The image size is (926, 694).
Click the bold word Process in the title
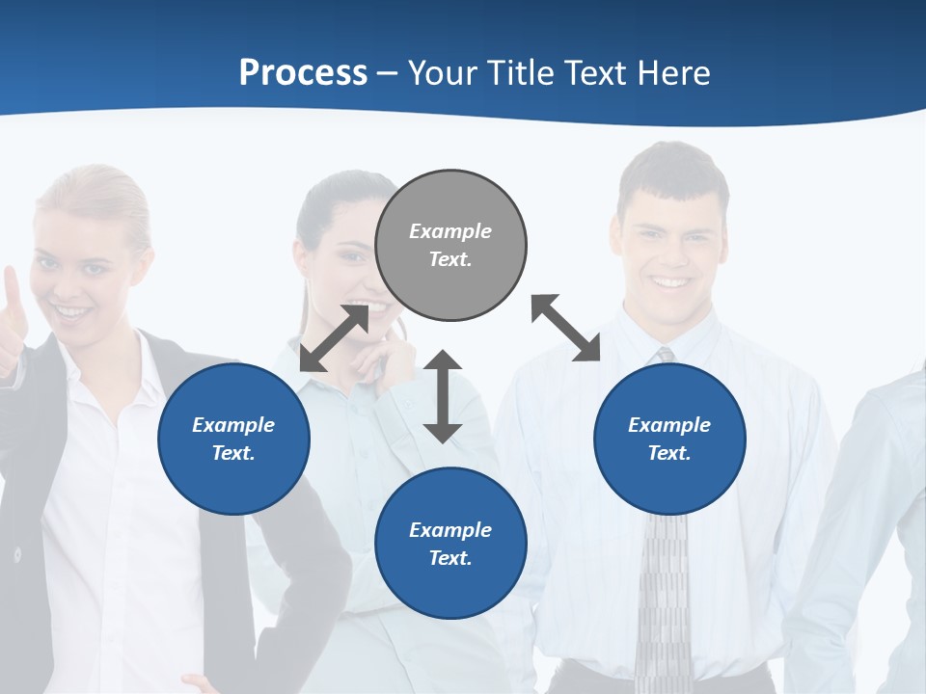pyautogui.click(x=303, y=73)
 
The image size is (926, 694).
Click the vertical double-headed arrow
pyautogui.click(x=443, y=396)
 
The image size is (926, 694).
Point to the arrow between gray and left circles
pyautogui.click(x=334, y=337)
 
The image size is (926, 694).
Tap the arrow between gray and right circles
pyautogui.click(x=566, y=328)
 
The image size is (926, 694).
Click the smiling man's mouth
pyautogui.click(x=668, y=281)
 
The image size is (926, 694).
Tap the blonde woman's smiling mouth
pyautogui.click(x=72, y=311)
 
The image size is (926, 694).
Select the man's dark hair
pyautogui.click(x=672, y=173)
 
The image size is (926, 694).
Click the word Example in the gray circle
pyautogui.click(x=450, y=231)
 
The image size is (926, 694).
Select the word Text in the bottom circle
pyautogui.click(x=449, y=558)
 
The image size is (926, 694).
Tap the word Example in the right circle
pyautogui.click(x=669, y=425)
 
